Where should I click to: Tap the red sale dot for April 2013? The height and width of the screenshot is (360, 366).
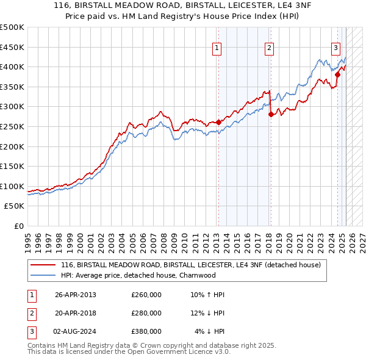(218, 122)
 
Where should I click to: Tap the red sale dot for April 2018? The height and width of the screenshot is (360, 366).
(271, 114)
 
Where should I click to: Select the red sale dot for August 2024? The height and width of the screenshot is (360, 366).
(337, 74)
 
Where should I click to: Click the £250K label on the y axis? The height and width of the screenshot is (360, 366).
(12, 126)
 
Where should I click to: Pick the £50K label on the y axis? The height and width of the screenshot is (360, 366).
(14, 206)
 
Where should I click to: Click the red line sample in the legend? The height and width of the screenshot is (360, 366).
(43, 265)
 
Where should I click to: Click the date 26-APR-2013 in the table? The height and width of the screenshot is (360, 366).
(76, 295)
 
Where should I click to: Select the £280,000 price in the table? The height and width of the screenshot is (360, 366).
(146, 313)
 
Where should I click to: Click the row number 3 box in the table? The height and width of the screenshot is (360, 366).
(30, 331)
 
